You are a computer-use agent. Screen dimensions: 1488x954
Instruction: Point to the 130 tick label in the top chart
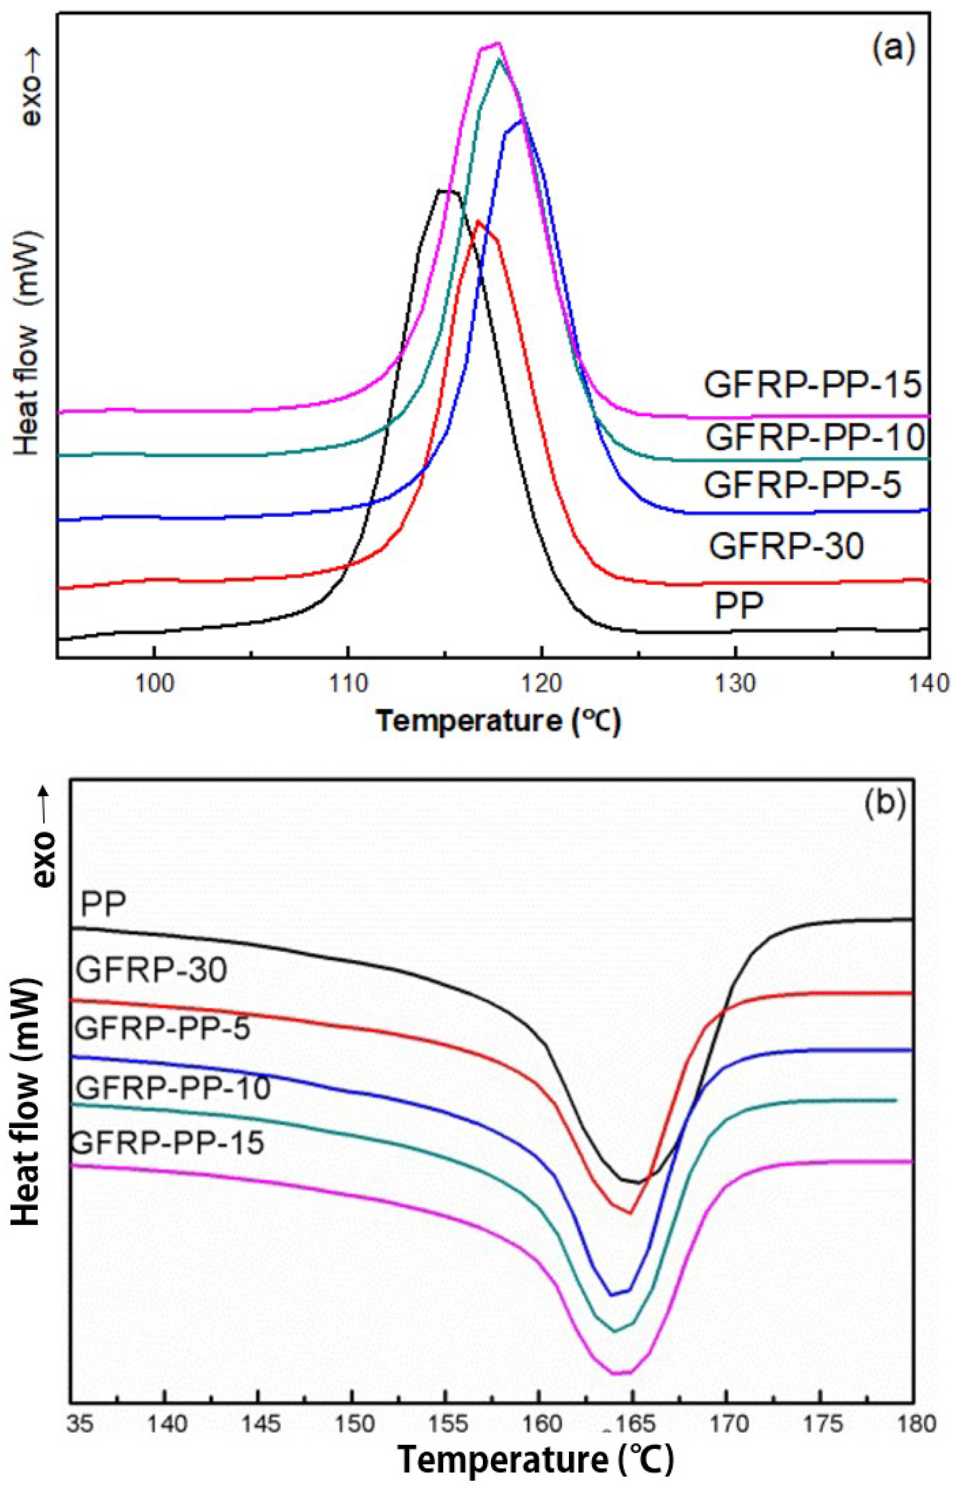[x=735, y=684]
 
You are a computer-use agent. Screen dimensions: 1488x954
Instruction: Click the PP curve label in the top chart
[x=738, y=605]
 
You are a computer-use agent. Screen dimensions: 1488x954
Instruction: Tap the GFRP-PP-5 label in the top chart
[x=802, y=485]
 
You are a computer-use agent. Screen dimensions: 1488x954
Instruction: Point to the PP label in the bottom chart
[x=104, y=905]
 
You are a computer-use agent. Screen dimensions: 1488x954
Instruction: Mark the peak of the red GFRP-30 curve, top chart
[x=478, y=221]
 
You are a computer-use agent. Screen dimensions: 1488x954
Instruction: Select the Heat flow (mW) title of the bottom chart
[x=26, y=1113]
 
